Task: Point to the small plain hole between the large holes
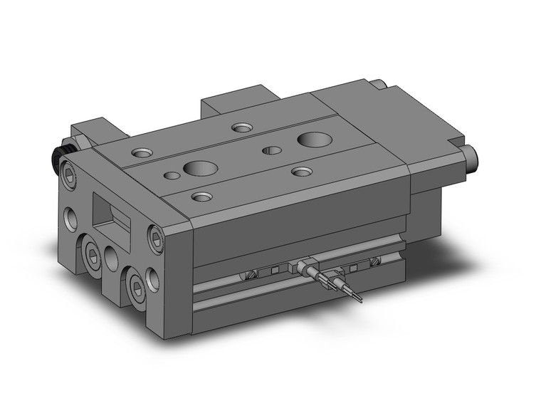click(x=271, y=150)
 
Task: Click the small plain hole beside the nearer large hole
click(x=171, y=175)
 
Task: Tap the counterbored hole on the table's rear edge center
click(x=241, y=128)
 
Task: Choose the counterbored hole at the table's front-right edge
click(x=303, y=172)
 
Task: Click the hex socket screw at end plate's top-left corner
click(x=69, y=173)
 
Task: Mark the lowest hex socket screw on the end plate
click(x=135, y=285)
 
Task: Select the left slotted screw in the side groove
click(x=251, y=275)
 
